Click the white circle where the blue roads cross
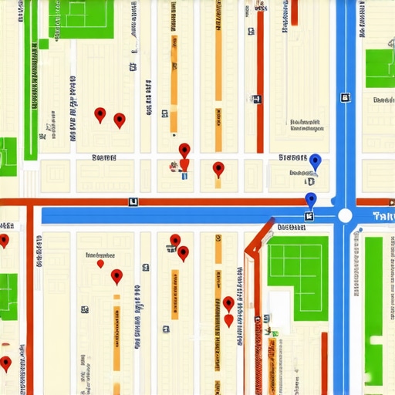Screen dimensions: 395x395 [x=345, y=215]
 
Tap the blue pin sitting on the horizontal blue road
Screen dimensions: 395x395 [x=311, y=200]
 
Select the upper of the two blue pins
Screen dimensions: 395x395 [x=315, y=161]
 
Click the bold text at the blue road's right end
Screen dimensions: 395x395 [x=383, y=216]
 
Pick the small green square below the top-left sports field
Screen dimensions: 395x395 [x=43, y=44]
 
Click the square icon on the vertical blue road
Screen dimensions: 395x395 [x=345, y=98]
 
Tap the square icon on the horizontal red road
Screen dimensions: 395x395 [x=133, y=201]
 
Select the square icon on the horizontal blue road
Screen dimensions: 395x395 [x=309, y=216]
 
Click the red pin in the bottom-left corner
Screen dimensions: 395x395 [x=6, y=362]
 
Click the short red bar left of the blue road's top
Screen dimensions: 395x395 [x=294, y=12]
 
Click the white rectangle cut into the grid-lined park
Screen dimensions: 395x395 [x=280, y=306]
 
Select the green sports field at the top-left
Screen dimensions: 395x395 [x=81, y=19]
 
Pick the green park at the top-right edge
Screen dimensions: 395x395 [x=380, y=68]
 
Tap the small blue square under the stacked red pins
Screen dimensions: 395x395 [x=184, y=177]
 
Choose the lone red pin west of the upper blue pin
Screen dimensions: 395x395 [x=218, y=168]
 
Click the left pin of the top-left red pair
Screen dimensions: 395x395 [x=100, y=114]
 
